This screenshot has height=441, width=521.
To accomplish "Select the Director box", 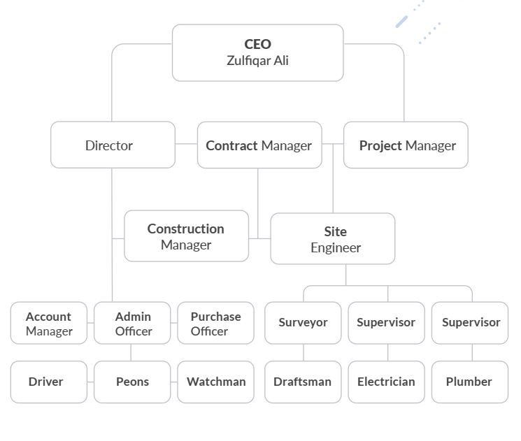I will click(113, 145).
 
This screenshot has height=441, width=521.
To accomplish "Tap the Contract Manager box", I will click(259, 145).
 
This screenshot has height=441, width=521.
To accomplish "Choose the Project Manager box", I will click(406, 145).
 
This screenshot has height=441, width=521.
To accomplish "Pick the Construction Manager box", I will click(186, 236).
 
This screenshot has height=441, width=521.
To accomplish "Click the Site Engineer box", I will click(332, 239).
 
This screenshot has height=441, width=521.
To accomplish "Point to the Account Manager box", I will click(49, 323).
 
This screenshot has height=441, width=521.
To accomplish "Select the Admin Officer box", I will click(132, 323).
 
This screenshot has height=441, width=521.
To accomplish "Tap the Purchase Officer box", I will click(215, 323).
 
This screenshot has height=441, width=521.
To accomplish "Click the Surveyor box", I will click(303, 323).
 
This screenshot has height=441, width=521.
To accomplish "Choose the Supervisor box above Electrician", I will click(386, 323).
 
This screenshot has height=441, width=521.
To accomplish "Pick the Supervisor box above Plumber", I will click(470, 323).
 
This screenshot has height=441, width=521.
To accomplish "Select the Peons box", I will click(132, 382).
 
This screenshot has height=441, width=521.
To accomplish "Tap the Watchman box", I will click(215, 382).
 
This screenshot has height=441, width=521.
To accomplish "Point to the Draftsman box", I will click(303, 382).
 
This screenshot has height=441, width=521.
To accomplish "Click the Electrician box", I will click(386, 382).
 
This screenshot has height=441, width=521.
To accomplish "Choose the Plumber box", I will click(470, 382).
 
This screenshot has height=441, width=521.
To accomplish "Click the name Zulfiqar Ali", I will click(257, 61).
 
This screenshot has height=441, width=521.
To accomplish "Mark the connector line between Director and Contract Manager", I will click(186, 145).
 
